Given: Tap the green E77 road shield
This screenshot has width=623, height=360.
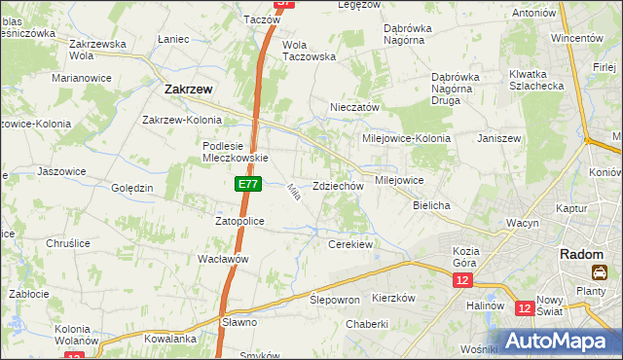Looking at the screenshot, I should (247, 183).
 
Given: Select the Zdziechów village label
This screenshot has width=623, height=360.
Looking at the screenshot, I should (338, 186).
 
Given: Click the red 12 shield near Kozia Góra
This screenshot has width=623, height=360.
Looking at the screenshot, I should (461, 280).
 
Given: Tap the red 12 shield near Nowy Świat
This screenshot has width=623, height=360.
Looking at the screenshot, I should (525, 308).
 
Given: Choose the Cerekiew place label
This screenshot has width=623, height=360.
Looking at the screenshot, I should (351, 244).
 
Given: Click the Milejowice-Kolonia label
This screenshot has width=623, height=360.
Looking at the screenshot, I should (406, 138).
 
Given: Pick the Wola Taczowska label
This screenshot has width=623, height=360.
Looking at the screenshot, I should (309, 51).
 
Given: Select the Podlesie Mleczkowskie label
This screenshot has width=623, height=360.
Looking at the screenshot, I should (235, 151).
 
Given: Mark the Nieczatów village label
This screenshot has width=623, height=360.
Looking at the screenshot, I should (354, 108).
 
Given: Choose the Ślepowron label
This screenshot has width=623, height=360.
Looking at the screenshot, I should (335, 300).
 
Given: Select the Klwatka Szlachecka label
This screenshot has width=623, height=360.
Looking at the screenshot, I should (535, 80).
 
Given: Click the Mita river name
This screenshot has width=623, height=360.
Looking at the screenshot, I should (292, 193).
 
